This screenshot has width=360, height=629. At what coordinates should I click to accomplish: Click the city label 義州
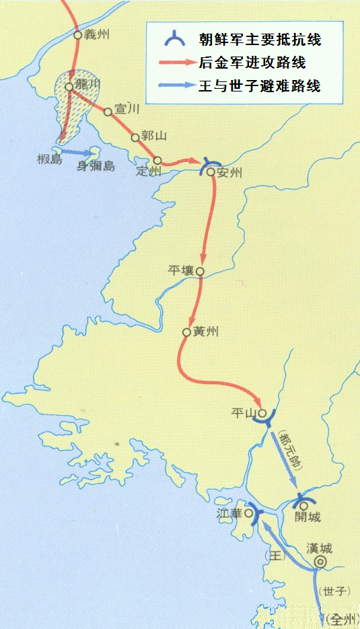click(96, 34)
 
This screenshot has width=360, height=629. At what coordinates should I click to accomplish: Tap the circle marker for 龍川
click(69, 86)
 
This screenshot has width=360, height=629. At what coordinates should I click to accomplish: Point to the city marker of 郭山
click(135, 137)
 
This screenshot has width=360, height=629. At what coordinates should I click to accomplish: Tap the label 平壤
click(181, 270)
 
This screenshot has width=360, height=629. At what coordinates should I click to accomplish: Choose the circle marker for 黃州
click(186, 332)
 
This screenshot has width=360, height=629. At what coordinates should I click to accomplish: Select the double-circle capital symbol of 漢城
click(320, 562)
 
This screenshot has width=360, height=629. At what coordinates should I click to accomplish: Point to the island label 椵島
click(50, 159)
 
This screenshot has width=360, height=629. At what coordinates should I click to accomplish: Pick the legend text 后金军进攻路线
click(252, 63)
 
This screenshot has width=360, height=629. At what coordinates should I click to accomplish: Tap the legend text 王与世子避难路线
click(259, 86)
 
